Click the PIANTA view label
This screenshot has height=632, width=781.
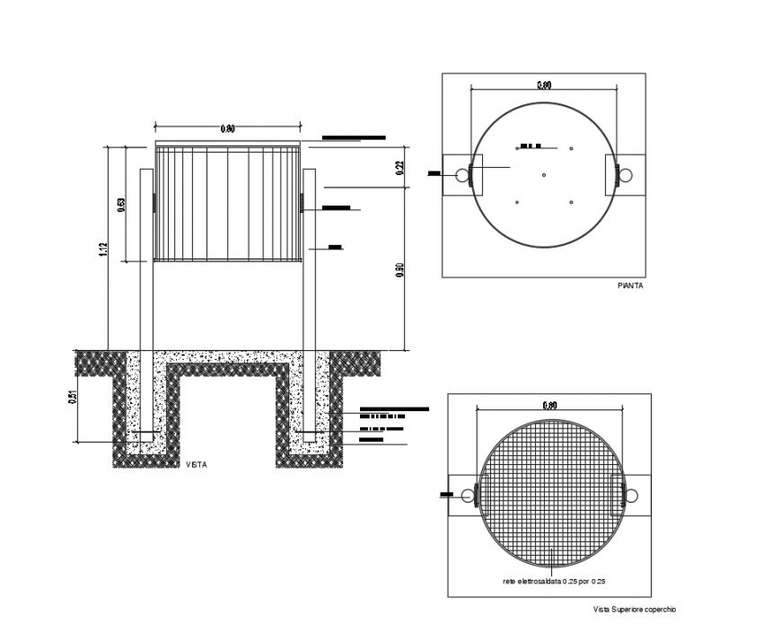point(630,285)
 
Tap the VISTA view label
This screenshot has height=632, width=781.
point(196,464)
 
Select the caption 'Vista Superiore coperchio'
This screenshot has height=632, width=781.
point(633,610)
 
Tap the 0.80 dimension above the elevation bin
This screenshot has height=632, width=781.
point(228,129)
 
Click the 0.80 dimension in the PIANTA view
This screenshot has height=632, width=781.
point(544,85)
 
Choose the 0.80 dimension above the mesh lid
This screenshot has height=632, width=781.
point(549,406)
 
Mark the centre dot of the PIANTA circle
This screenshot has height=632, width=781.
point(544,174)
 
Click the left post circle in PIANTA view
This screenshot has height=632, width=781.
point(461,174)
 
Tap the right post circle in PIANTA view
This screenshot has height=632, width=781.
point(627,174)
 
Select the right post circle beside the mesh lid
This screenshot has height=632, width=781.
point(632,496)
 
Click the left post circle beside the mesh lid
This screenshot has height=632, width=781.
point(467,496)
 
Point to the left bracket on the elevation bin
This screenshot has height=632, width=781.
point(154,203)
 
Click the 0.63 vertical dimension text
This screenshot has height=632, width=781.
point(121,204)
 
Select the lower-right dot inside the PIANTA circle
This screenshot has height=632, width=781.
point(571,202)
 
